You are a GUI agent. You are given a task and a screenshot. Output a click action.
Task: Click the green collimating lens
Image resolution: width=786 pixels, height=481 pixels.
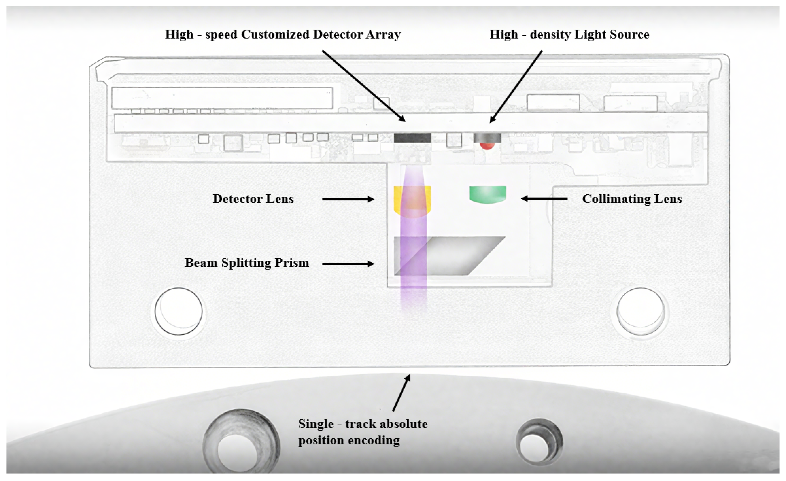[x=488, y=194]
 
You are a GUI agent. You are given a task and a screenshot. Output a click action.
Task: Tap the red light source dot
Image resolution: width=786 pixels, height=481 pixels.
[x=487, y=146]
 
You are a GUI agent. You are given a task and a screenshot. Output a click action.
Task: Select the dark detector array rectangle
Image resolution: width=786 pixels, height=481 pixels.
[x=412, y=138]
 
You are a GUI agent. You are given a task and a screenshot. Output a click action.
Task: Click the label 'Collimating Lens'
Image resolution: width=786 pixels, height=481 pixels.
[x=632, y=199]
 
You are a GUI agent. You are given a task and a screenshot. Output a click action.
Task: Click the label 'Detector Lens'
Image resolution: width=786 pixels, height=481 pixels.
[x=253, y=199]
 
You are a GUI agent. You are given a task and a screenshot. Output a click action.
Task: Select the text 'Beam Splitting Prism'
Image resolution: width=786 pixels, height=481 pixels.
[x=247, y=263]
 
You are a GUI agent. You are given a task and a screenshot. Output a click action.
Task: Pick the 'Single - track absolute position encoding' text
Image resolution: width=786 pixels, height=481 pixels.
[x=362, y=432]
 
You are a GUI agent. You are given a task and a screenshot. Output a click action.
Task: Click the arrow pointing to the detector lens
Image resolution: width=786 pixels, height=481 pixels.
[x=348, y=199]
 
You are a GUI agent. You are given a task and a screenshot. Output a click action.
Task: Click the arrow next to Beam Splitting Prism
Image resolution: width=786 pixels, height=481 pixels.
[x=348, y=264]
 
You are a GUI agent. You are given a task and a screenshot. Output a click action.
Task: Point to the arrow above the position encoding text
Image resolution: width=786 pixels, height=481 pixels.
[x=401, y=393]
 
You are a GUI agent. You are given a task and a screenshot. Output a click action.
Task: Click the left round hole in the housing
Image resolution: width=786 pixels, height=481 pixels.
[x=179, y=311]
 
